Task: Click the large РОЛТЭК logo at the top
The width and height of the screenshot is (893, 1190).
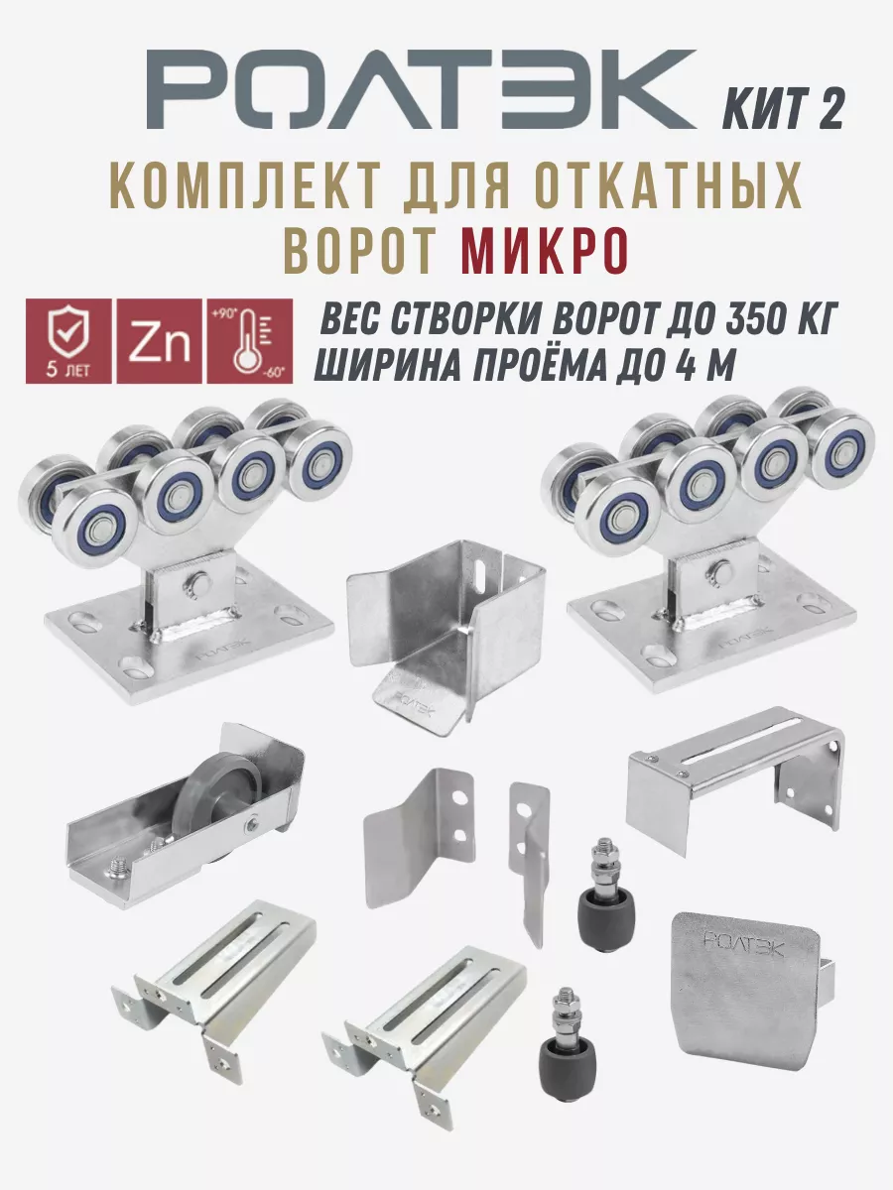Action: (421, 90)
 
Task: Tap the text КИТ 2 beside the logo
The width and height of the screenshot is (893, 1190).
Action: (783, 109)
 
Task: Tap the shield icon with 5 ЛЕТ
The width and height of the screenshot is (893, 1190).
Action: (68, 341)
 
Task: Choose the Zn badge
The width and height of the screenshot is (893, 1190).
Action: (160, 341)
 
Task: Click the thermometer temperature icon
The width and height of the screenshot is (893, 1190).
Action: (249, 341)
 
